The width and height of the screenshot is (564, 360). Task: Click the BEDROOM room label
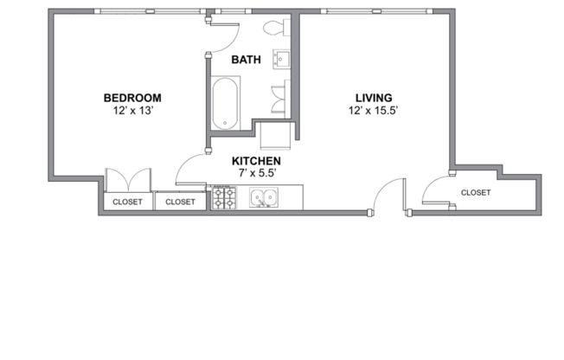pyautogui.click(x=131, y=98)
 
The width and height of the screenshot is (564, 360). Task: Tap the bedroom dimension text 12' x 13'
pyautogui.click(x=131, y=111)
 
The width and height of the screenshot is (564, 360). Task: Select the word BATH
pyautogui.click(x=247, y=61)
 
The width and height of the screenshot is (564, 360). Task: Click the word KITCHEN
pyautogui.click(x=256, y=161)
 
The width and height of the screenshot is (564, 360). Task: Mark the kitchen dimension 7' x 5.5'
pyautogui.click(x=256, y=173)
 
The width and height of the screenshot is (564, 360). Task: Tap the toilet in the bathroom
pyautogui.click(x=277, y=28)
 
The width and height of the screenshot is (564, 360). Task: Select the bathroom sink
pyautogui.click(x=282, y=59)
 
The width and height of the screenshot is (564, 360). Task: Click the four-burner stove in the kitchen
pyautogui.click(x=226, y=199)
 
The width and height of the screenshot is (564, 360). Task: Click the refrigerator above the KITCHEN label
pyautogui.click(x=276, y=136)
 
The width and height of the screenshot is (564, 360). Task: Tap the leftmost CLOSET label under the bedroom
pyautogui.click(x=127, y=202)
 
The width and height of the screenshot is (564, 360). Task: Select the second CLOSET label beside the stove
pyautogui.click(x=180, y=202)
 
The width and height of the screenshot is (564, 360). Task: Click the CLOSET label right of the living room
pyautogui.click(x=476, y=192)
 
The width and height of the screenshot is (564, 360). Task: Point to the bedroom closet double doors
pyautogui.click(x=128, y=180)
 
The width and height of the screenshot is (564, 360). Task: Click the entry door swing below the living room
pyautogui.click(x=388, y=195)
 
